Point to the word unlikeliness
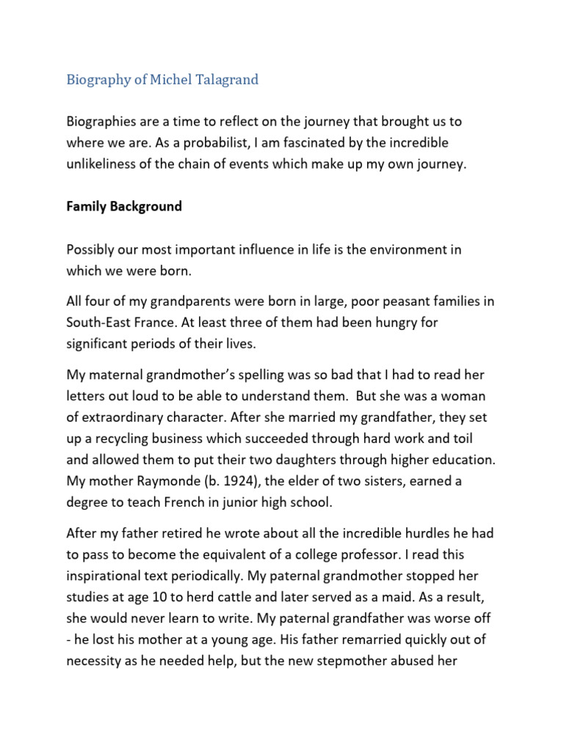pyautogui.click(x=102, y=164)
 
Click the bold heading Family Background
pyautogui.click(x=124, y=206)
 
